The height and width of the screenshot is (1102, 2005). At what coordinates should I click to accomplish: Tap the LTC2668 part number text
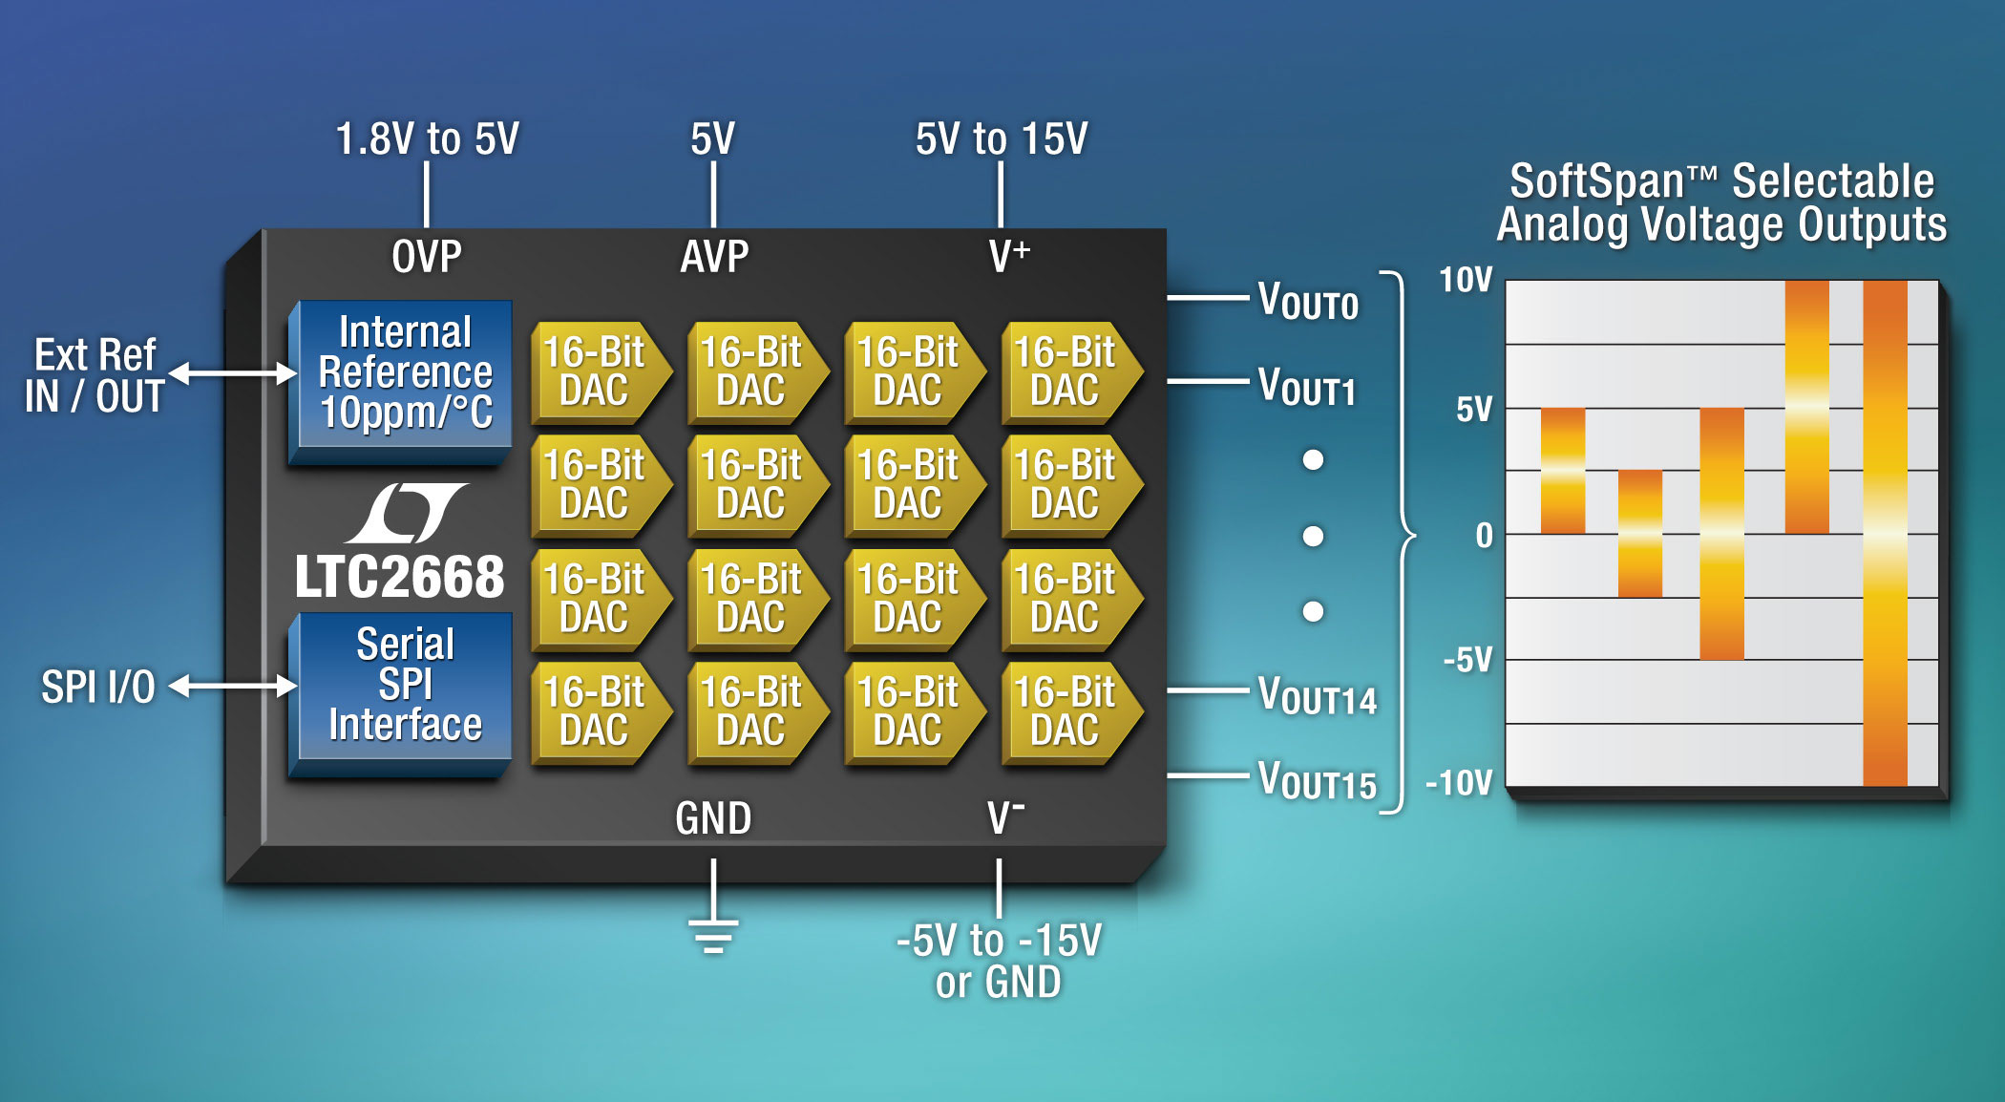pos(399,578)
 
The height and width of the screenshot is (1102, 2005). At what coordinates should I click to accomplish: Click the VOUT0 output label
pos(1308,301)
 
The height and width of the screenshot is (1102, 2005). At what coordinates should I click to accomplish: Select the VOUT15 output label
pos(1318,781)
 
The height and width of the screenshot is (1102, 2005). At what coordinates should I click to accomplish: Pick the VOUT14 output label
pos(1318,696)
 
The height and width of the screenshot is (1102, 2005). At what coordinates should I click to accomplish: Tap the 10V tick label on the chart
pos(1466,281)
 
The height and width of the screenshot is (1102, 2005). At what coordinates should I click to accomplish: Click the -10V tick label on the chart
pos(1459,784)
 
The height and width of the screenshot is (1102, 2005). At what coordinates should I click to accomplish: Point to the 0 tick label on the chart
pos(1484,536)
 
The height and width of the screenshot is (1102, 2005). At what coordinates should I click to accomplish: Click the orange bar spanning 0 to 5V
pos(1563,471)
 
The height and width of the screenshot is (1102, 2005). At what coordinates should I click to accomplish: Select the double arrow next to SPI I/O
pos(233,686)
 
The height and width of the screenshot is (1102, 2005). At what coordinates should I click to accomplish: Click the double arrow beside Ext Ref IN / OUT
pos(233,373)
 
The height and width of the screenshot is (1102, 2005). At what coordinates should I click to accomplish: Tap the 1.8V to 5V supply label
pos(427,139)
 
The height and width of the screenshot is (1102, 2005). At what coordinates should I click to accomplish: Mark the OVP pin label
pos(427,257)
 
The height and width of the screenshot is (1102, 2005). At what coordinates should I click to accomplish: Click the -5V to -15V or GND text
pos(999,961)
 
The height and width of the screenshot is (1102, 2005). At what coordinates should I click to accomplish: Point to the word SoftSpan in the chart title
pos(1596,181)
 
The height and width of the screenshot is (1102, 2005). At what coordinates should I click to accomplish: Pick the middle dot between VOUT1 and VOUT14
pos(1314,536)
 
